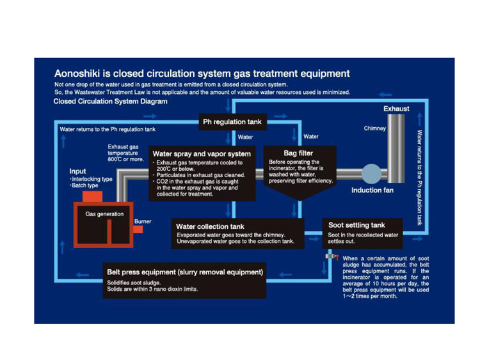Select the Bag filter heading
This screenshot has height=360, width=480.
(298, 153)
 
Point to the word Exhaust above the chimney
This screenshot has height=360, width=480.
(396, 109)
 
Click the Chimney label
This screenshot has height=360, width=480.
(374, 129)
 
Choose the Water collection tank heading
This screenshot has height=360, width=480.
(210, 226)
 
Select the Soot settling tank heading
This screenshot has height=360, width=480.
(356, 225)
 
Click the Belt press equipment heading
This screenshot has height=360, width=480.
(185, 272)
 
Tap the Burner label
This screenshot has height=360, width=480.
(143, 221)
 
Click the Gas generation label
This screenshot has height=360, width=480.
(104, 214)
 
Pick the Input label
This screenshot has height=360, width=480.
(77, 171)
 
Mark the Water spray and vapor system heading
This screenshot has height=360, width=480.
(201, 153)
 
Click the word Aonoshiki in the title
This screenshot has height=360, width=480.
(79, 74)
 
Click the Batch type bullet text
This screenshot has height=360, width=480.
(84, 185)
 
